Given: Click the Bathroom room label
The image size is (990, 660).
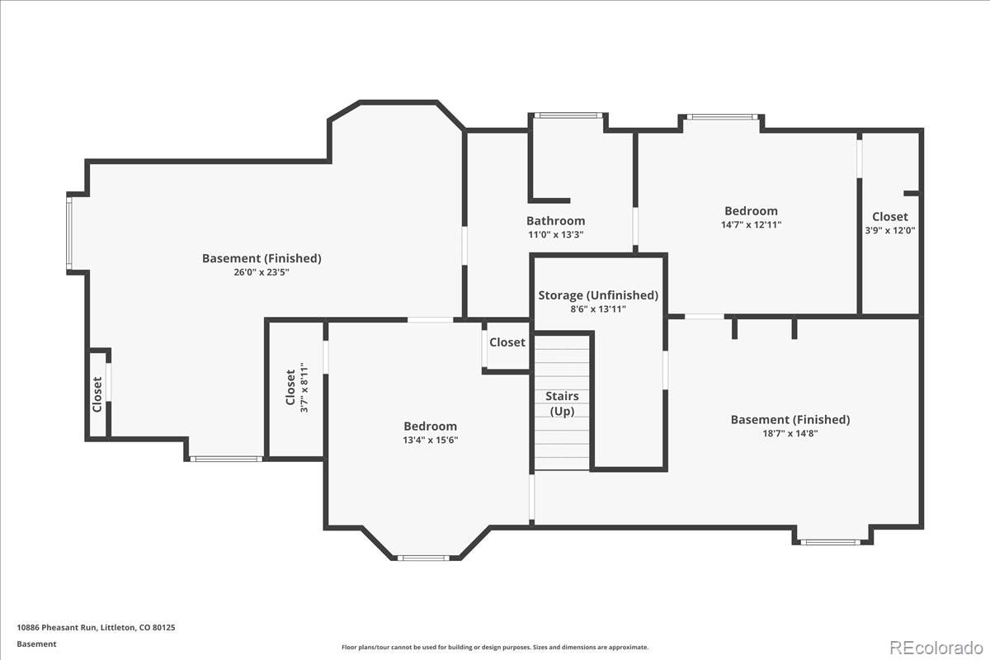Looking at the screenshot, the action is click(555, 220).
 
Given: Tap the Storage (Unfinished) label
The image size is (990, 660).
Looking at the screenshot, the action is click(598, 295).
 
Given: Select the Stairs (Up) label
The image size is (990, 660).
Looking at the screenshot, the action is click(562, 403).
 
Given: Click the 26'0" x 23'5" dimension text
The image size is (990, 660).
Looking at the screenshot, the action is click(262, 272).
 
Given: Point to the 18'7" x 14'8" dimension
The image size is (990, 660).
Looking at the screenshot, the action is click(790, 433).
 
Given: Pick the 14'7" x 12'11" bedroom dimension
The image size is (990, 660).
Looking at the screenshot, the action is click(751, 224).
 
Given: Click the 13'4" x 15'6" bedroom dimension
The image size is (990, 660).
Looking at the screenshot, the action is click(430, 440).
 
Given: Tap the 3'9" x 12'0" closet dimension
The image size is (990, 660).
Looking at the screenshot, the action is click(889, 230).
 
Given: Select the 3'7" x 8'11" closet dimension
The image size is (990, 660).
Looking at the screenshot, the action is click(304, 388).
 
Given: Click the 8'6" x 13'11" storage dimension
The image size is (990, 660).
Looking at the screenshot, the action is click(598, 309).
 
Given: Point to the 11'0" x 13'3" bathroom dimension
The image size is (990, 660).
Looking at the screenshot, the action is click(555, 234).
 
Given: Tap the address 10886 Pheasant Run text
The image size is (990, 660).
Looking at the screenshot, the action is click(58, 627).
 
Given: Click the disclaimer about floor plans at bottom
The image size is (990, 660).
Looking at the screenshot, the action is click(495, 647).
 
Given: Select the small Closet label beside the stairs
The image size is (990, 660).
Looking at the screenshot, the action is click(507, 342).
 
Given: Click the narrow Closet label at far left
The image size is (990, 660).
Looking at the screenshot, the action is click(97, 394).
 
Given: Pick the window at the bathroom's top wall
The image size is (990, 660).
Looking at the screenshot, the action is click(568, 115).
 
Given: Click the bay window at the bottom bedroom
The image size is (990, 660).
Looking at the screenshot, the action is click(423, 558).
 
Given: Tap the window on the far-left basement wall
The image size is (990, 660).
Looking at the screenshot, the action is click(69, 233).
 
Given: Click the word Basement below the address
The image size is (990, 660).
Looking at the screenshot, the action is click(36, 644).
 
